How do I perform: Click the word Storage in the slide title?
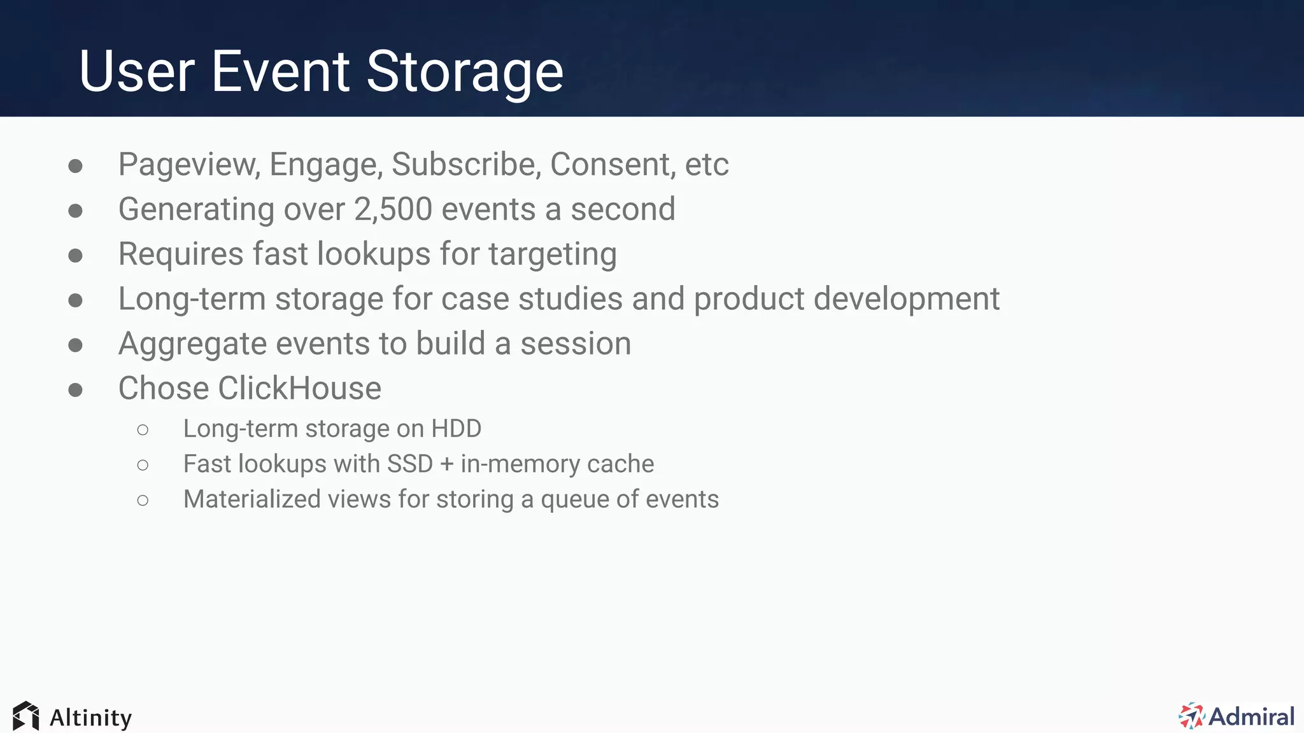pos(464,72)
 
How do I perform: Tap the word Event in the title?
pos(280,72)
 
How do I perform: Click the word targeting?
pos(552,255)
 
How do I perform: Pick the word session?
pos(576,344)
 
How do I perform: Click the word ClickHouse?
pos(300,389)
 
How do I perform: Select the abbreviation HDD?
pos(456,429)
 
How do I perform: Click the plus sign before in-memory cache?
pos(447,464)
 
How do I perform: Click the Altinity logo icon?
pos(26,716)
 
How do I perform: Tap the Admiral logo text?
pos(1251,716)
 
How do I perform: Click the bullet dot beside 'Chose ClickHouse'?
pos(76,389)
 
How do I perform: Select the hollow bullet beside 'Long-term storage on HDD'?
pos(143,430)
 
